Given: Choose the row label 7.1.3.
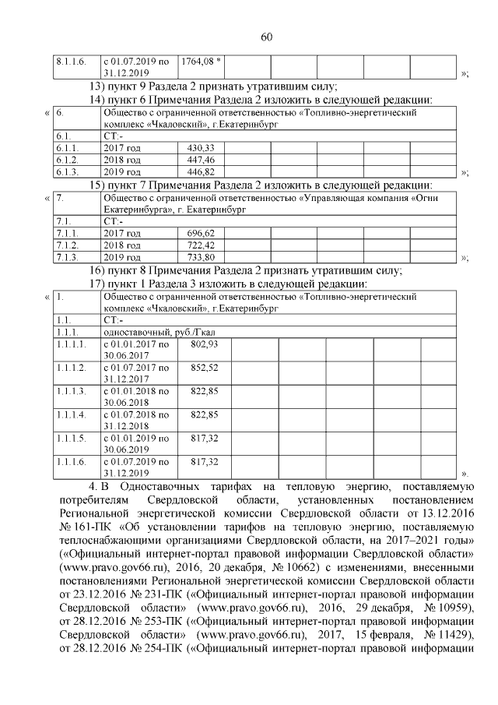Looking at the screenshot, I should (x=65, y=257).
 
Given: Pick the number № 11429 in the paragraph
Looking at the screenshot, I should (x=447, y=641).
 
